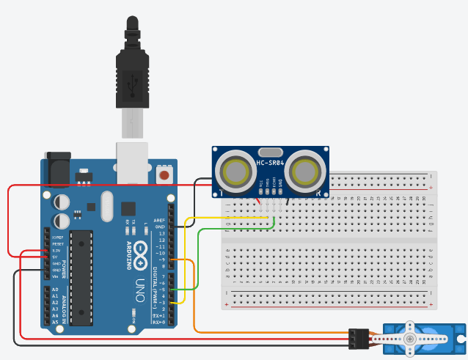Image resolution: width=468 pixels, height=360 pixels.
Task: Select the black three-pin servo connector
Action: coord(358,339)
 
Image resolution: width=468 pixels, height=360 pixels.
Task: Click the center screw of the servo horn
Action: coord(410,339)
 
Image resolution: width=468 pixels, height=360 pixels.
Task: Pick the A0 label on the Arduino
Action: coord(54,290)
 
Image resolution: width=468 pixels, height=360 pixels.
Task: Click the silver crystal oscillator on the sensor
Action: coord(270,150)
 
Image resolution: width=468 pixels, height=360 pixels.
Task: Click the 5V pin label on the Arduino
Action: coord(54,257)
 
